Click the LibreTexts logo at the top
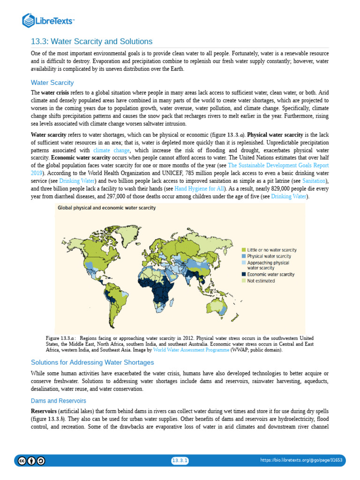(49, 20)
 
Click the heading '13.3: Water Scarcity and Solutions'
(91, 41)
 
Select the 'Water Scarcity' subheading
(52, 82)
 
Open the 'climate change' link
(112, 150)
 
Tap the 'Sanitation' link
(315, 180)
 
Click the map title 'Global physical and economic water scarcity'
(107, 207)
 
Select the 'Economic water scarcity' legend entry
(270, 274)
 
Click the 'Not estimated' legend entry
(261, 281)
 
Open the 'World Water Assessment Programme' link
(191, 350)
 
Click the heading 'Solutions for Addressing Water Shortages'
(92, 362)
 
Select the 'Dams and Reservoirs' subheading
(58, 401)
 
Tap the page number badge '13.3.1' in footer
(180, 461)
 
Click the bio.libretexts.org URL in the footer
(301, 461)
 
